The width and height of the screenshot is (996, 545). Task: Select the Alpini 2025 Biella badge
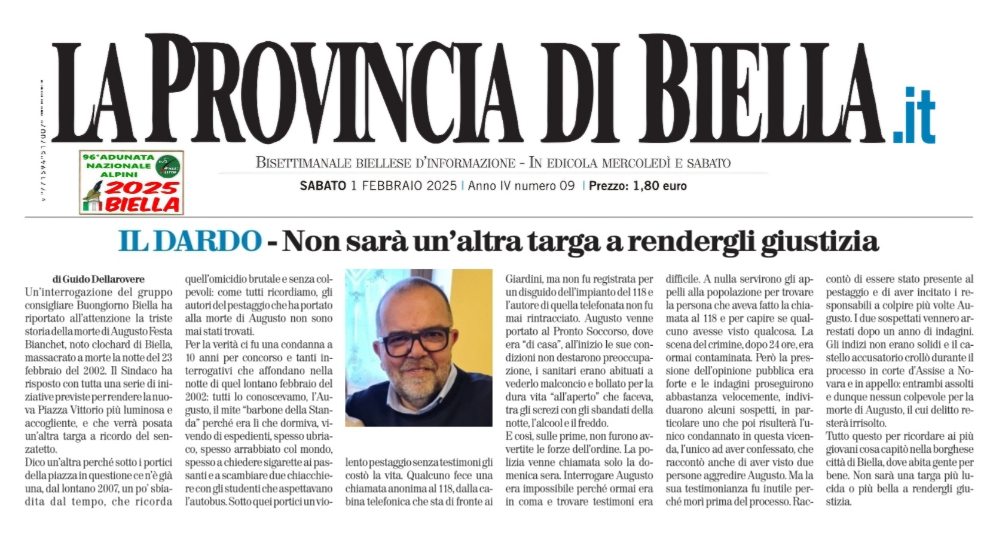coord(132,182)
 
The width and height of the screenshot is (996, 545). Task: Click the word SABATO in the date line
coord(323,186)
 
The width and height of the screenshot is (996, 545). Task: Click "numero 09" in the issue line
coord(544,186)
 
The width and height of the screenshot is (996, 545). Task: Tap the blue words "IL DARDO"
coord(190,241)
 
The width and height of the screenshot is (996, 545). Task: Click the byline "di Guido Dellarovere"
coord(99,279)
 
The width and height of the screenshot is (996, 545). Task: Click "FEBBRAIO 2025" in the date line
coord(404,186)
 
